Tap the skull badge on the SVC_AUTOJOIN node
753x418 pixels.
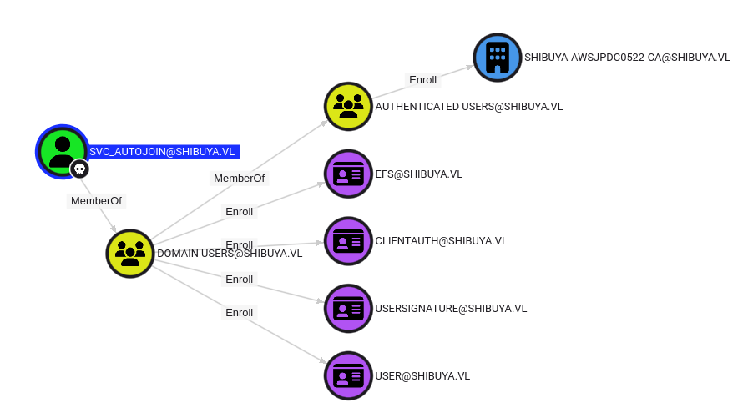[x=79, y=169]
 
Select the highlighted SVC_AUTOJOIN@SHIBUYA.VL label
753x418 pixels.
[x=163, y=152]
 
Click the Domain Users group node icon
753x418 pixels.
[x=130, y=253]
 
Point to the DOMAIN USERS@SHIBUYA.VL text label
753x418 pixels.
[x=230, y=254]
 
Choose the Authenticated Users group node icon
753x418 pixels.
[x=348, y=106]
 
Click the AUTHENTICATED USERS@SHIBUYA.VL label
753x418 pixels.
[x=468, y=107]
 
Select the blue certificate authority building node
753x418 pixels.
[x=497, y=58]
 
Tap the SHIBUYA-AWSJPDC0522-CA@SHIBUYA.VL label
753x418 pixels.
[x=627, y=58]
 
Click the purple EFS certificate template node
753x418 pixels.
[x=348, y=174]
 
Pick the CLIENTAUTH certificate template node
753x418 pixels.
[x=348, y=241]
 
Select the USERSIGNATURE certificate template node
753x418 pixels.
[x=348, y=308]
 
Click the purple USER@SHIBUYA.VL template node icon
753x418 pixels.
[x=348, y=375]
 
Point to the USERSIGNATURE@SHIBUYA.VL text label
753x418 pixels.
[x=451, y=309]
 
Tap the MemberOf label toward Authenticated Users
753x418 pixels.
[x=239, y=179]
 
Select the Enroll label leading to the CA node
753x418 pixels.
[x=422, y=80]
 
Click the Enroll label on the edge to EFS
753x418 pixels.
[x=239, y=212]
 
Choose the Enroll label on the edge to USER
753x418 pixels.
[x=239, y=313]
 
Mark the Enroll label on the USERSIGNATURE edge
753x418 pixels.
[x=239, y=280]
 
